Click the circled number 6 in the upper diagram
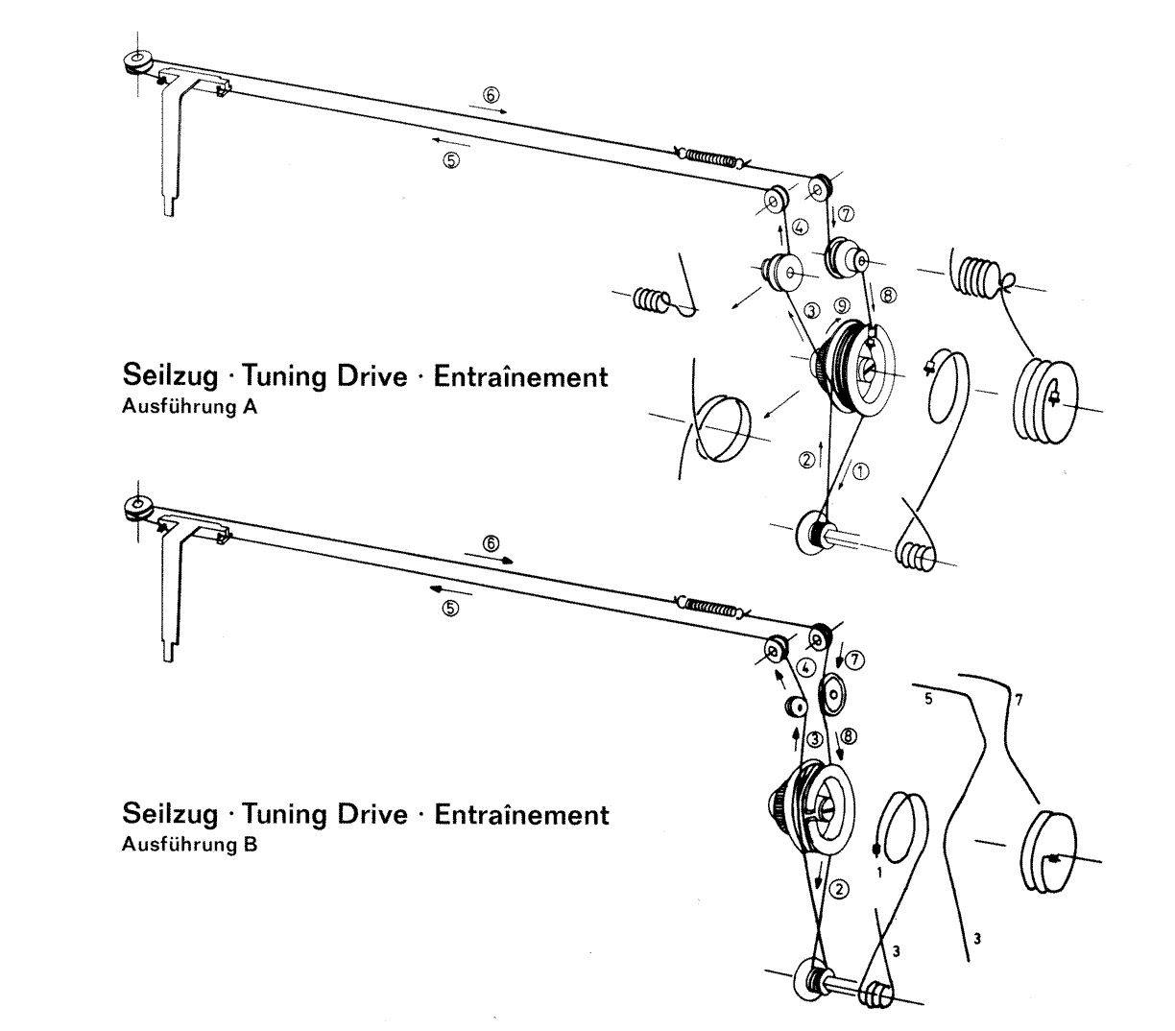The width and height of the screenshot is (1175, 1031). click(x=491, y=95)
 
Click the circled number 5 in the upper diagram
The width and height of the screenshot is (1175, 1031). click(x=451, y=160)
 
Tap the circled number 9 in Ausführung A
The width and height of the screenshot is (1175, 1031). click(x=841, y=306)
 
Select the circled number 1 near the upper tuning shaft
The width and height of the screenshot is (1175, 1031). click(x=860, y=470)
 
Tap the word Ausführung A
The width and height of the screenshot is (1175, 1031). click(x=189, y=406)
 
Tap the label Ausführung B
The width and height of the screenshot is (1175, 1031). click(x=189, y=846)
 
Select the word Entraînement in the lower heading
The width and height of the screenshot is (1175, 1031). click(x=521, y=815)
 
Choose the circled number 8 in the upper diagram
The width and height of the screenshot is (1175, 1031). click(x=888, y=297)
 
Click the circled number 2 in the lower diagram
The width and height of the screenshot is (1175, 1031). click(x=840, y=888)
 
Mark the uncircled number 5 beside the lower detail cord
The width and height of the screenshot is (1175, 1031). click(x=928, y=700)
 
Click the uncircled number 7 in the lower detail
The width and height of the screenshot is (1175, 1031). click(x=1019, y=700)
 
